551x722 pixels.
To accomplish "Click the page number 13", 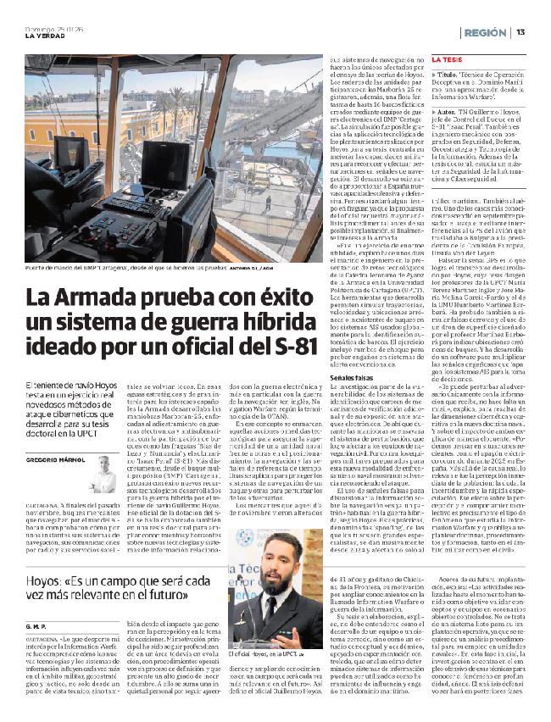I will [520, 31].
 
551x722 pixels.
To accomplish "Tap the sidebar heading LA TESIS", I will [446, 60].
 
